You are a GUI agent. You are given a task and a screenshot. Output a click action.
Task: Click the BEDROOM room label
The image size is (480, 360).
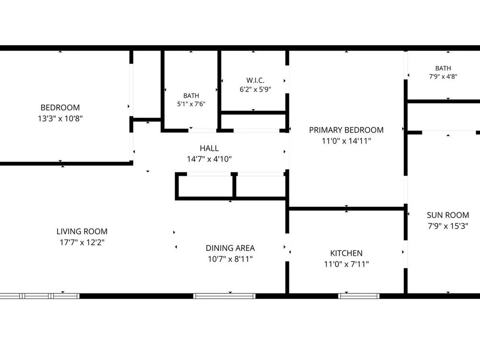[60, 108]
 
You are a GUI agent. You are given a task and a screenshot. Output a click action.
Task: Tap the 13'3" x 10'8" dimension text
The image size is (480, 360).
[60, 118]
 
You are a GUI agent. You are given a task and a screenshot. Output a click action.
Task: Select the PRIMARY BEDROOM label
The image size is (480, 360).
[346, 130]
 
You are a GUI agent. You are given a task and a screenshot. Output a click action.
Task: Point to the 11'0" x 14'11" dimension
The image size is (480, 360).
[346, 141]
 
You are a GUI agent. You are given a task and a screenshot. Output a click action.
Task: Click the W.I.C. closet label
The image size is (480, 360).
[255, 80]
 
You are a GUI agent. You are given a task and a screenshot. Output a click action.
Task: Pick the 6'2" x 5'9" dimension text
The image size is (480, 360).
[255, 89]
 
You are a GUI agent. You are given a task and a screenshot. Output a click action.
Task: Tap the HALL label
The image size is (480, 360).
[209, 148]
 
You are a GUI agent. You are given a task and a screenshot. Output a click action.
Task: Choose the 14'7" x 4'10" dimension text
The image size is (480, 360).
[209, 159]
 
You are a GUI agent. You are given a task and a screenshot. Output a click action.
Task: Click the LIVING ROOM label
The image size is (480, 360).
[82, 231]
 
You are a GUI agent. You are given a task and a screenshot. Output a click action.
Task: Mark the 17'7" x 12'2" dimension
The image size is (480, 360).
[82, 242]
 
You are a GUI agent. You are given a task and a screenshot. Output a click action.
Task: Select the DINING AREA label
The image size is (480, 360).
[230, 248]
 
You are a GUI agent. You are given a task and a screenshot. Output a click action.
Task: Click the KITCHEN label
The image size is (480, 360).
[346, 253]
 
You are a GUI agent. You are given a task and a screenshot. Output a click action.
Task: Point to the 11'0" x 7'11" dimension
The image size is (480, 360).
[346, 264]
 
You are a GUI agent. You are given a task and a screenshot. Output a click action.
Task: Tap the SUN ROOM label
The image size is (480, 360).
[448, 215]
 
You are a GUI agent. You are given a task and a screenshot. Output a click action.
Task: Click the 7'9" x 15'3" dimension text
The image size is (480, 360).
[448, 226]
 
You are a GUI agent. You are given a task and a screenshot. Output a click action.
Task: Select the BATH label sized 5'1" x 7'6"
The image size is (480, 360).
[191, 96]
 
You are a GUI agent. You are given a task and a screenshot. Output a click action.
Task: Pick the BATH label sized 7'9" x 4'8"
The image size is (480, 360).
[443, 68]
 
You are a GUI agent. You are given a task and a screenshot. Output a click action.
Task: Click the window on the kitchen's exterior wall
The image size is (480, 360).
[359, 296]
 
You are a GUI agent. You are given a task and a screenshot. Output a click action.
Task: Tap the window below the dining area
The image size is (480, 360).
[224, 296]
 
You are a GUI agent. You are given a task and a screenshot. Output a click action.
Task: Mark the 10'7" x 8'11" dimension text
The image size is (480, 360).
[230, 259]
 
